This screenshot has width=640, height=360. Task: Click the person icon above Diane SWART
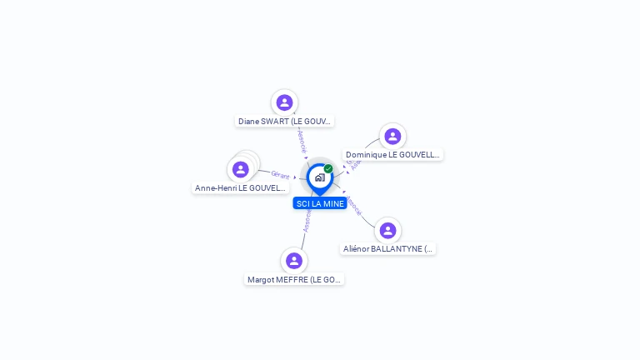pos(284,102)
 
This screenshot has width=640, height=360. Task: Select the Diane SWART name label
pos(285,121)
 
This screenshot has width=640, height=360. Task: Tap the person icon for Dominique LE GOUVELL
pos(392,136)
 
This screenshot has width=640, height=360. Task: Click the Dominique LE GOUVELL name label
pos(392,155)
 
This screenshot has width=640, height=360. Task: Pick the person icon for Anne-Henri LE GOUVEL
pos(241,169)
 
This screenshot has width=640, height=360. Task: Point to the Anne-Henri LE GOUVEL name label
pos(240,188)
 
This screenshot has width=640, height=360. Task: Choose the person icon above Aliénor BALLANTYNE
pos(387,230)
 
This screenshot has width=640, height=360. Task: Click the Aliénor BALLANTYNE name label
pos(388,249)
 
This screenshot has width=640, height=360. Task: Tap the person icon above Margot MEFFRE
pos(293,261)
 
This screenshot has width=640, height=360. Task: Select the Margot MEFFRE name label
pos(294,280)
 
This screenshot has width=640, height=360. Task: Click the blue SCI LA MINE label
pos(320,203)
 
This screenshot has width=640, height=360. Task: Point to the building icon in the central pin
pos(319,177)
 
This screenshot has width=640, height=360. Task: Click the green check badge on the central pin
pos(328,168)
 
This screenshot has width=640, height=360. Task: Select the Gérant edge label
pos(280,175)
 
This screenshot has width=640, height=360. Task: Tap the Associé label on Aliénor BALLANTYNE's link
pos(353,206)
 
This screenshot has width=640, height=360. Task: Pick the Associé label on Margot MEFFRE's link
pos(307,220)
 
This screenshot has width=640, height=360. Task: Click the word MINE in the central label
pos(333,203)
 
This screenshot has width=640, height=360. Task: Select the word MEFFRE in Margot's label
pos(292,280)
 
